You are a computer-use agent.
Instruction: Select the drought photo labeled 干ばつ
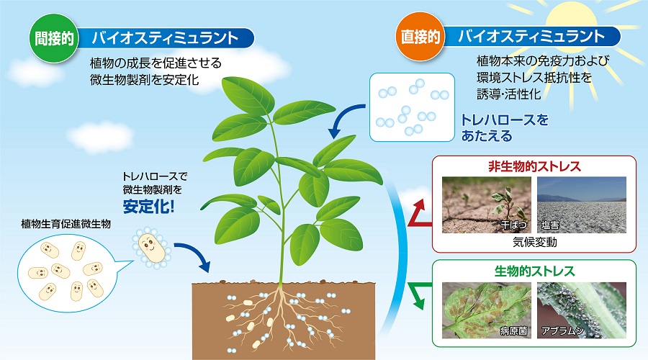(x=487, y=204)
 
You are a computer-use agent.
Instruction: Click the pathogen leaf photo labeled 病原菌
(x=487, y=310)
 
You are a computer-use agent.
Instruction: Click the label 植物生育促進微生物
(x=66, y=225)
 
